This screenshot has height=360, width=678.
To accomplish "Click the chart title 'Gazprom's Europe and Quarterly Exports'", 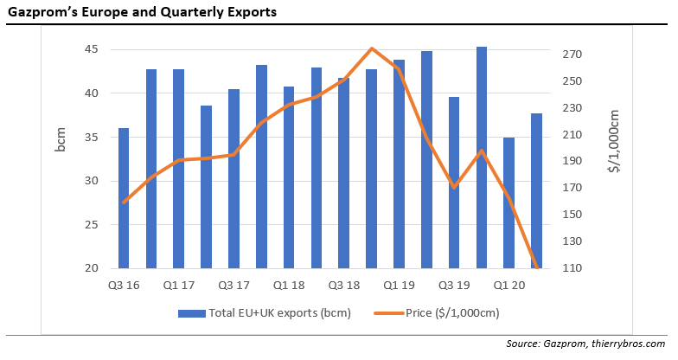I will point(143,14).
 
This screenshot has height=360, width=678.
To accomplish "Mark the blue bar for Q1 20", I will point(508,202).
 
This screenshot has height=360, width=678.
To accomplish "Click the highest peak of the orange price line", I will point(371,48).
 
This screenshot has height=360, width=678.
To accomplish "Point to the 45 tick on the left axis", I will point(92,49).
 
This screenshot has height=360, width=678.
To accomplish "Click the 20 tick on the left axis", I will point(92,268).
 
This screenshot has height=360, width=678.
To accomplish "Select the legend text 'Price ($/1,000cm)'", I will point(453,312).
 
